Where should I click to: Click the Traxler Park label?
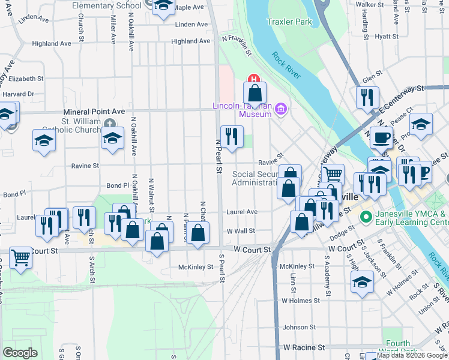[x=290, y=22]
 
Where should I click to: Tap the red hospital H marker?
[x=253, y=78]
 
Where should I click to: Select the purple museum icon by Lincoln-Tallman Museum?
[x=282, y=109]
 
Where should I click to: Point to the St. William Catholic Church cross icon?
[x=109, y=123]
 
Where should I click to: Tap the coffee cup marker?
[x=381, y=138]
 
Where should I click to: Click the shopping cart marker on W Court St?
[x=21, y=258]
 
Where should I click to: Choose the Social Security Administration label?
[x=255, y=178]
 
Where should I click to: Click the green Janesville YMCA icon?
[x=364, y=215]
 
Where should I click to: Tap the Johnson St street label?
[x=299, y=327]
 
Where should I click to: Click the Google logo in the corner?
[x=20, y=352]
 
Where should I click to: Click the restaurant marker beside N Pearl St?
[x=231, y=137]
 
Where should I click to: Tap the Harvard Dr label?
[x=18, y=94]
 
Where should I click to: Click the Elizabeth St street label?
[x=26, y=79]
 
